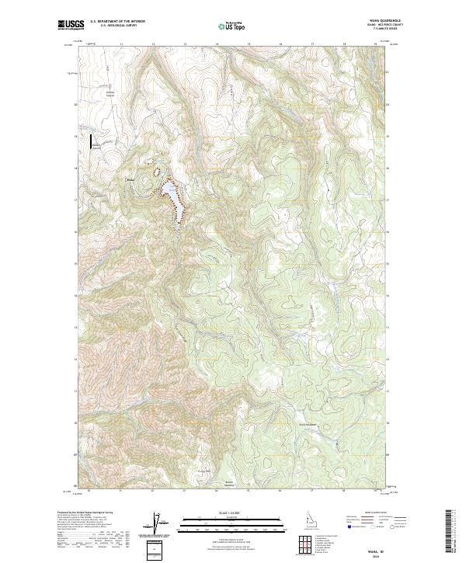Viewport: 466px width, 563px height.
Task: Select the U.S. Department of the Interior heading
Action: point(117,21)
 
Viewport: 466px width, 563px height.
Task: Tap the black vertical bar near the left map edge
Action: point(91,141)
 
